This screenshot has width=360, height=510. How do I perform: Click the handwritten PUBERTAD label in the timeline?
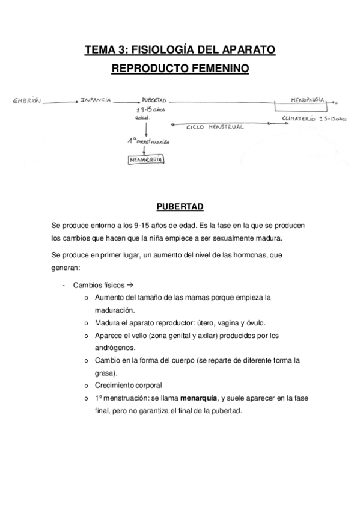coord(154,101)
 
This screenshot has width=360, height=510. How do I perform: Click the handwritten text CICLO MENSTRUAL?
coord(215,127)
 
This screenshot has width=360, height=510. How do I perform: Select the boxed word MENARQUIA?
coord(146,160)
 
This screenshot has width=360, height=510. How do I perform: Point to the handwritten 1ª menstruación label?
coord(148,141)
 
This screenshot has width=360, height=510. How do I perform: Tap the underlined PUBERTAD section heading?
coord(180,207)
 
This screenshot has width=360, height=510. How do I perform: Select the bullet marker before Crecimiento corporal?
coord(87,386)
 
